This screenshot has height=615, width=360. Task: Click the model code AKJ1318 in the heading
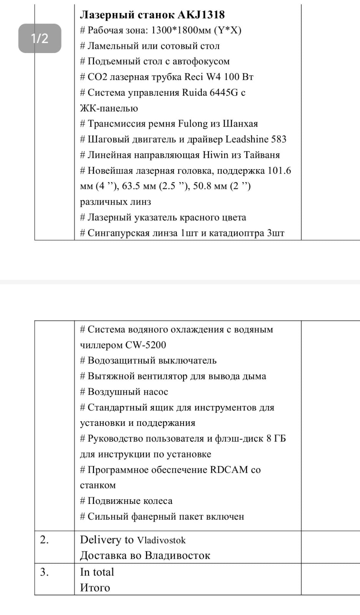tap(201, 15)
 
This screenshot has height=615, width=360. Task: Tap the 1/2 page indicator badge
tap(40, 38)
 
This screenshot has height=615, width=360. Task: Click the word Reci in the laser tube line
tap(194, 77)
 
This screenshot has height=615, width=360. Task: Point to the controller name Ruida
tap(194, 93)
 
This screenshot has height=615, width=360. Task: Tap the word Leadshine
tap(246, 139)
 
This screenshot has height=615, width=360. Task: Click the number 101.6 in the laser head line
tap(279, 171)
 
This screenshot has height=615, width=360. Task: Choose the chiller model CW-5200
tap(146, 345)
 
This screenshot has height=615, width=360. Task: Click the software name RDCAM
tap(229, 470)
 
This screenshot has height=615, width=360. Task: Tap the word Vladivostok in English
tap(161, 540)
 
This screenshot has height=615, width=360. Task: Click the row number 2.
tap(44, 540)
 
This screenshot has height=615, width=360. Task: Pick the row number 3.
tap(44, 572)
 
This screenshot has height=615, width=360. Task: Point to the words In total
tap(97, 572)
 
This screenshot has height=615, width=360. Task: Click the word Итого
tap(95, 588)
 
